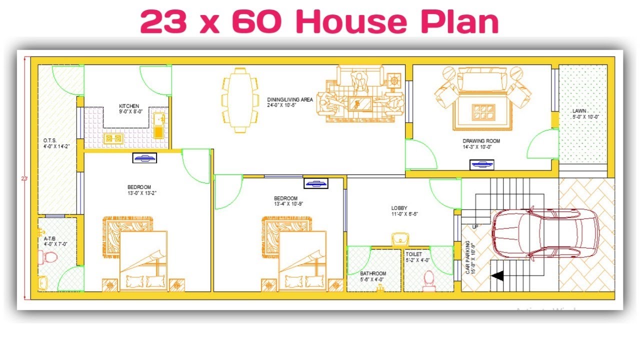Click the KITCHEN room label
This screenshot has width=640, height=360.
click(129, 106)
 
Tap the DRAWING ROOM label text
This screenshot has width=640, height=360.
click(481, 141)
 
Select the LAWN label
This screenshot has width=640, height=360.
click(579, 110)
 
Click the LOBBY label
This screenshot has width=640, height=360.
click(399, 208)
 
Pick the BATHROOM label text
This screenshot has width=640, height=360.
click(373, 273)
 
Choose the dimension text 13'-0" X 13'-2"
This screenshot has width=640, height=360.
click(142, 193)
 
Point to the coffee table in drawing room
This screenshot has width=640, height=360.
click(483, 110)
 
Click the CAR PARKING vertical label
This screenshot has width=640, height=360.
click(468, 257)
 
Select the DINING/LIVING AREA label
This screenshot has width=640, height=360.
click(289, 99)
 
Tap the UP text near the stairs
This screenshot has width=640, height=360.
click(475, 226)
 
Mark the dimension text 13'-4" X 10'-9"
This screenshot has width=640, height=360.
click(288, 204)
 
